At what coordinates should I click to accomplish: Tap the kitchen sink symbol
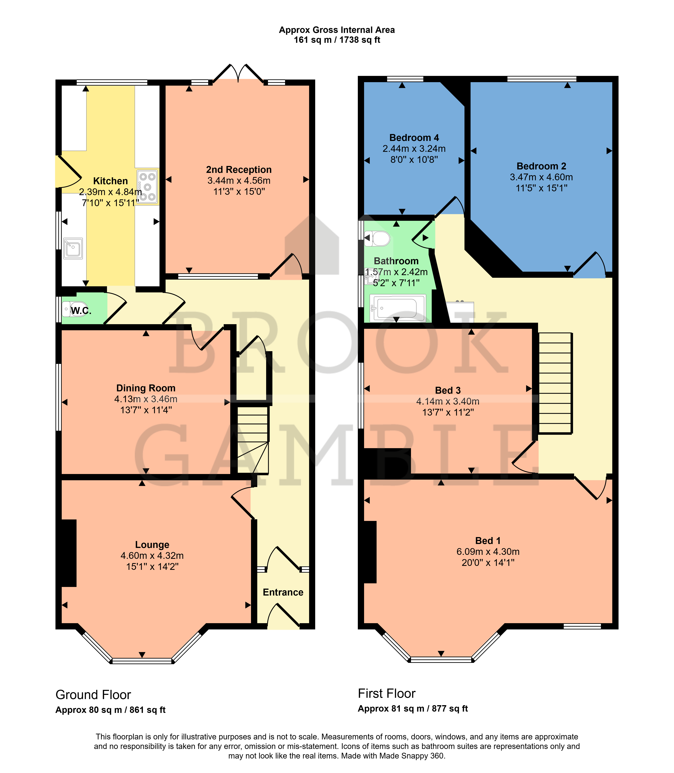(73, 248)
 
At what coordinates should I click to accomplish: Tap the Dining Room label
(146, 388)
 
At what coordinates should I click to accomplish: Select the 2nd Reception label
(239, 170)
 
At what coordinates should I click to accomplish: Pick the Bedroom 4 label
(414, 138)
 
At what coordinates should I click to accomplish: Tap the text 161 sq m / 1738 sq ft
(337, 40)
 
